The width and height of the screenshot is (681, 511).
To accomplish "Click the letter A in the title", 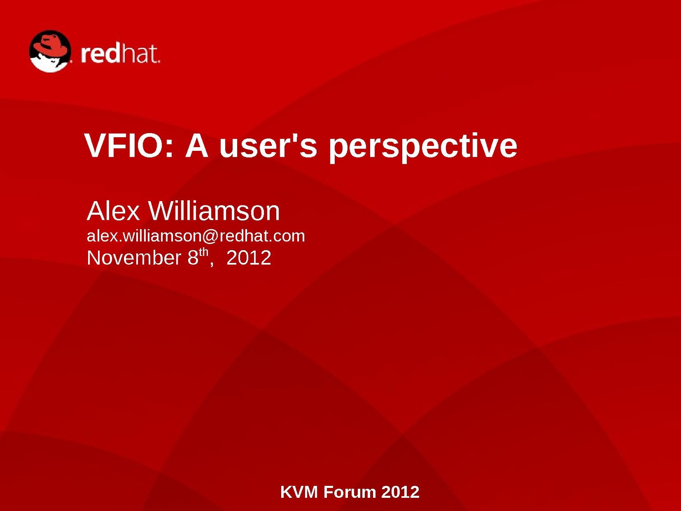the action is pos(196,145).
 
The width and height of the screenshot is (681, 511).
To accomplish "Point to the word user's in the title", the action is pos(268,145).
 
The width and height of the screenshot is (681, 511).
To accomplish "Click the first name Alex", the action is pos(114,211).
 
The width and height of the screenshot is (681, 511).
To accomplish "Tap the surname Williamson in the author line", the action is pos(214,211).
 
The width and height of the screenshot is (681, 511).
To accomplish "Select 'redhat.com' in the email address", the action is pos(262,236).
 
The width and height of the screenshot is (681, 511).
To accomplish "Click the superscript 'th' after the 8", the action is pos(203,252).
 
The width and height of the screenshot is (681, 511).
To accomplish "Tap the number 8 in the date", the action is pos(193,257).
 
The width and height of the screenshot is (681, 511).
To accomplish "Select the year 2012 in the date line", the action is pos(249,257).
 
